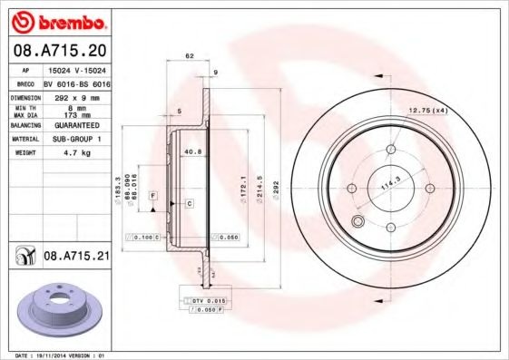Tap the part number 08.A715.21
click(77, 257)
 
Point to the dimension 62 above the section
click(190, 56)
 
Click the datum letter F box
click(153, 196)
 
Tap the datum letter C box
click(189, 205)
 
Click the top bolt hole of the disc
click(391, 151)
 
